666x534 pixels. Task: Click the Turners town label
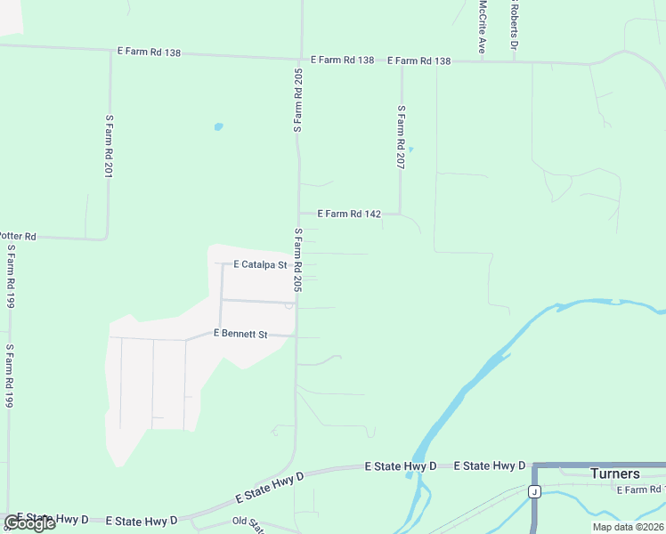pyautogui.click(x=615, y=473)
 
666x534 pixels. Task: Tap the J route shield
pyautogui.click(x=534, y=491)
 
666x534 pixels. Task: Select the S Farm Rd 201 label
pyautogui.click(x=109, y=146)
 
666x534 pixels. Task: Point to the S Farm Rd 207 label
pyautogui.click(x=402, y=138)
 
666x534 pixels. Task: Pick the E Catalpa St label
pyautogui.click(x=260, y=264)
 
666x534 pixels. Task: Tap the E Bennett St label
pyautogui.click(x=240, y=334)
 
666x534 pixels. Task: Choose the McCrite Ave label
pyautogui.click(x=482, y=26)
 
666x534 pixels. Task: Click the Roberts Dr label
pyautogui.click(x=514, y=25)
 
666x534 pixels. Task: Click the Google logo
pyautogui.click(x=29, y=523)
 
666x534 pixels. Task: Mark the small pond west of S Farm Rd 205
pyautogui.click(x=218, y=126)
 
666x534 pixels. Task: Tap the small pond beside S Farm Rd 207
pyautogui.click(x=410, y=149)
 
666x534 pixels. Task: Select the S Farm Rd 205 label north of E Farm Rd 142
pyautogui.click(x=298, y=98)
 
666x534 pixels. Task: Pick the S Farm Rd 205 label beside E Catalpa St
pyautogui.click(x=299, y=260)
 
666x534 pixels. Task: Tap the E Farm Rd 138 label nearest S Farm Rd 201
pyautogui.click(x=149, y=53)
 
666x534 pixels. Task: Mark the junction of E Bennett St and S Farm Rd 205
pyautogui.click(x=296, y=336)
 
